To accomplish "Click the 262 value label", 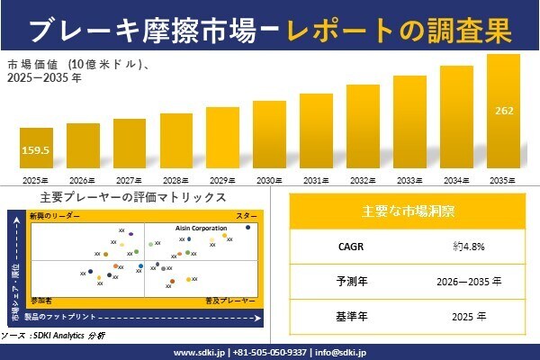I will (x=504, y=112).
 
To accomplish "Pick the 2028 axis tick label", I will (x=175, y=181).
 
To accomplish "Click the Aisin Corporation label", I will (x=201, y=229).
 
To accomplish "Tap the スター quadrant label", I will (x=247, y=217).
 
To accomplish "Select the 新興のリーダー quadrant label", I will (x=55, y=217).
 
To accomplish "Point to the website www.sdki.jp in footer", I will (x=198, y=352).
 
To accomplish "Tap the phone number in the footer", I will (x=269, y=352).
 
